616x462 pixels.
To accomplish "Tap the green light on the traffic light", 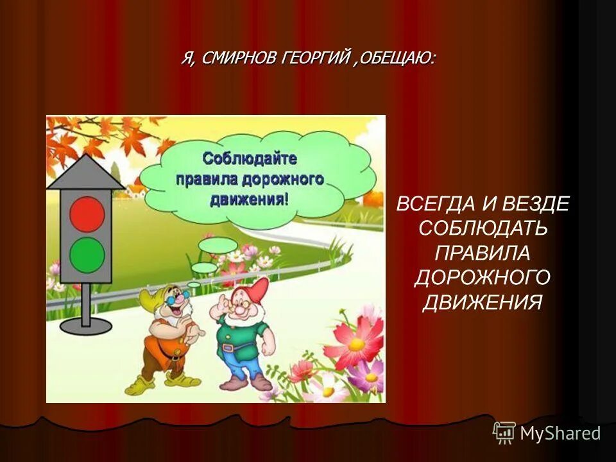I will [x=87, y=255].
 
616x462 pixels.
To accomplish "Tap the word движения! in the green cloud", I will [x=250, y=198].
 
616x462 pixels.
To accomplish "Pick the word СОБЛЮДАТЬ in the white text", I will [x=483, y=228].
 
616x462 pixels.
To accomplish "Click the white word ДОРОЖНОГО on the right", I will [x=483, y=277].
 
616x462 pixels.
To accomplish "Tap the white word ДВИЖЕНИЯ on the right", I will [x=483, y=302].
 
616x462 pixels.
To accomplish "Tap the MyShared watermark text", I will [x=560, y=433].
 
